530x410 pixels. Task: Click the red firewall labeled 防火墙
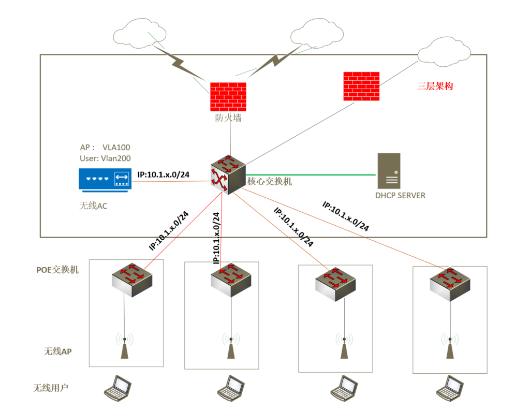(228, 97)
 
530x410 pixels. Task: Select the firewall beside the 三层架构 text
(361, 86)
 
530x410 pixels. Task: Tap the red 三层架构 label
(435, 86)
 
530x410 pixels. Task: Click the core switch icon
(228, 174)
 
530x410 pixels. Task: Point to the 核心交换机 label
(270, 182)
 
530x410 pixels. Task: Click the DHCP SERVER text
(400, 196)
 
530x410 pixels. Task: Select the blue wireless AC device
(104, 179)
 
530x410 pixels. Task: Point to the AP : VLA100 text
(102, 148)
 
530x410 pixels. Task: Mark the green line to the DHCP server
(311, 175)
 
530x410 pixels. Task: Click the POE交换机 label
(57, 270)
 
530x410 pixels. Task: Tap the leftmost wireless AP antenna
(124, 346)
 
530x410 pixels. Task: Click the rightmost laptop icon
(449, 387)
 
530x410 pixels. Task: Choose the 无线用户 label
(51, 387)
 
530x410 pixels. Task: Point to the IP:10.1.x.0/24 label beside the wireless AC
(164, 174)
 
